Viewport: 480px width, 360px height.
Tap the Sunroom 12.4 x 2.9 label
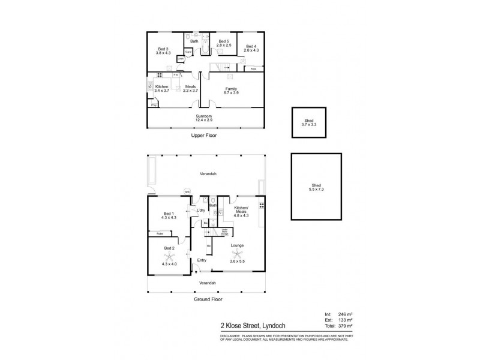click(204, 118)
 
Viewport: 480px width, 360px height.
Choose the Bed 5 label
click(224, 42)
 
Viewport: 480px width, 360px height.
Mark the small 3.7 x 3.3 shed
click(309, 124)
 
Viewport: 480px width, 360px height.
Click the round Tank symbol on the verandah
click(187, 192)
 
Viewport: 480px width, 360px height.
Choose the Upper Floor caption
click(203, 136)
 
